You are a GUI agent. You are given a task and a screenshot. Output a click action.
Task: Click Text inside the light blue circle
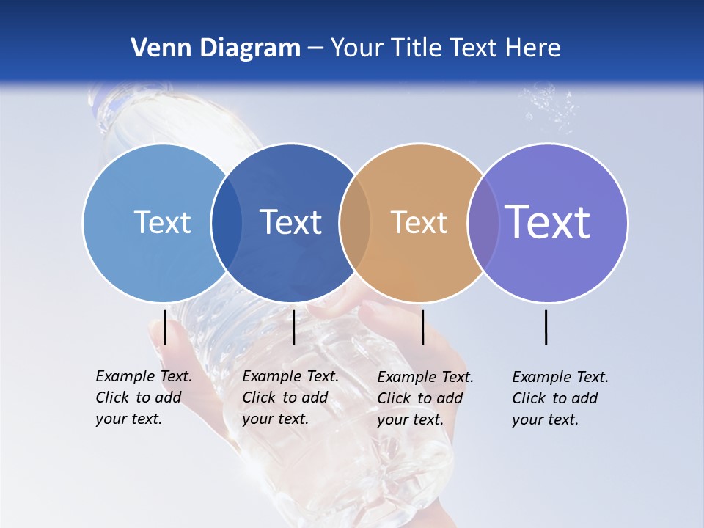click(162, 222)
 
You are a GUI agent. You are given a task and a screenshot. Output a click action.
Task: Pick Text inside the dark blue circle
click(290, 222)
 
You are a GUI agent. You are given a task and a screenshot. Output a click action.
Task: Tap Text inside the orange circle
click(419, 222)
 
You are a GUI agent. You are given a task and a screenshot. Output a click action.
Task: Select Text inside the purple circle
click(547, 222)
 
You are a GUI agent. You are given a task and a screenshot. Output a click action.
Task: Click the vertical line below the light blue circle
click(165, 327)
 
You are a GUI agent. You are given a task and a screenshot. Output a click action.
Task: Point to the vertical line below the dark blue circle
click(293, 327)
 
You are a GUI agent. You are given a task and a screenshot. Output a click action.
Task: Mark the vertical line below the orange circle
click(422, 327)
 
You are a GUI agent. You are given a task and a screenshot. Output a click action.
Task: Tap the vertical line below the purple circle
click(546, 327)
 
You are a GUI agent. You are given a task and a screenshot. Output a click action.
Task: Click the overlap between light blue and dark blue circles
click(227, 222)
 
